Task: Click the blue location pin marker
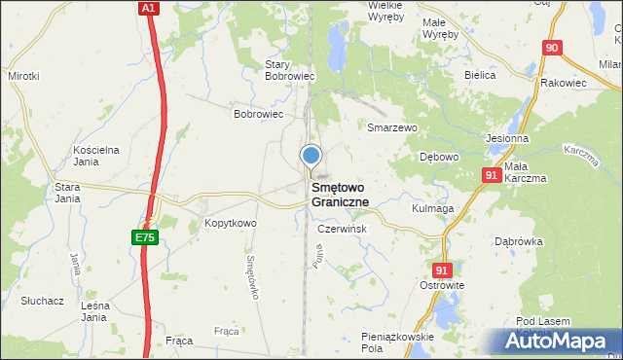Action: click(x=311, y=156)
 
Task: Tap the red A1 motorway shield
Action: click(x=147, y=8)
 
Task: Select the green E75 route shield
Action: click(x=144, y=236)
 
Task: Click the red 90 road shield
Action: click(x=552, y=48)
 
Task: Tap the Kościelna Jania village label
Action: click(x=96, y=156)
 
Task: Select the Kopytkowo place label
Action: click(x=230, y=224)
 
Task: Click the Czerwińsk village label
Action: click(x=343, y=229)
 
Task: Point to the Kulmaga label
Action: click(x=433, y=208)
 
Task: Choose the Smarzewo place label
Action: click(x=391, y=127)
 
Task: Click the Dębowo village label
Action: click(x=438, y=157)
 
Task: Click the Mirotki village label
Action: click(x=23, y=75)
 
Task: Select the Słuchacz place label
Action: click(x=44, y=301)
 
